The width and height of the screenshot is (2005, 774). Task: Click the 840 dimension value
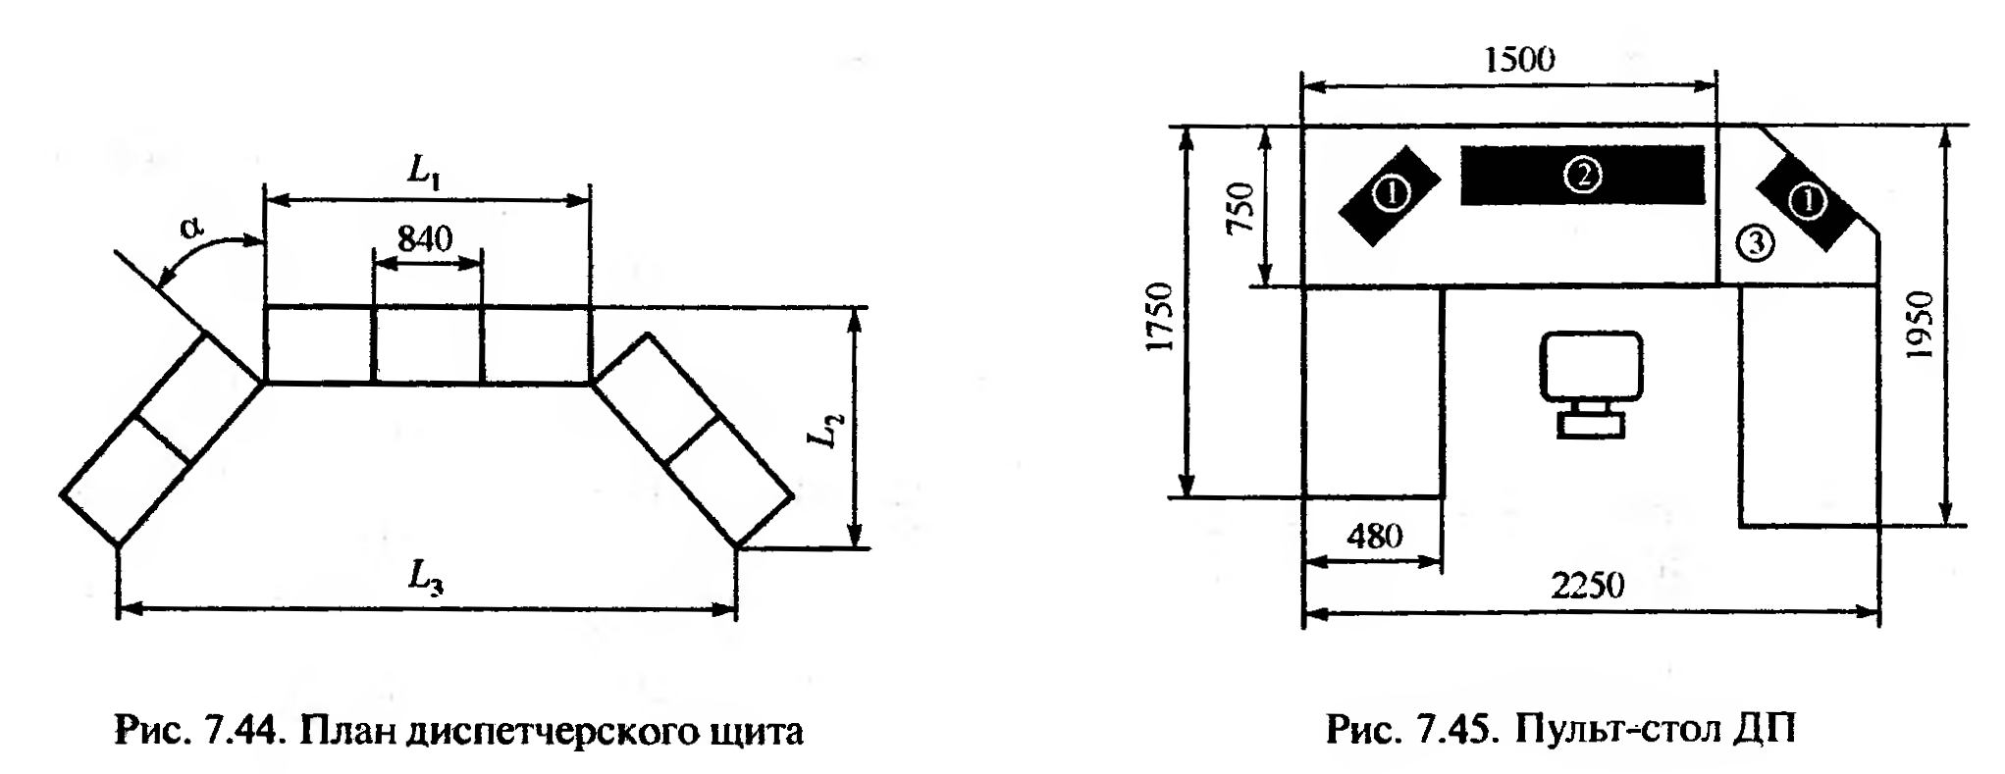425,238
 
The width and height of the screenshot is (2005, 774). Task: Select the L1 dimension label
424,173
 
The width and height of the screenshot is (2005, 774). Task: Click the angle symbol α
192,229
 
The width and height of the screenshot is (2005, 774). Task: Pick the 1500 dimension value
1518,60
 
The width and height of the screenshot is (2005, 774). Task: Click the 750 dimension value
1240,207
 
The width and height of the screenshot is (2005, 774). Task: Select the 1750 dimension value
1161,317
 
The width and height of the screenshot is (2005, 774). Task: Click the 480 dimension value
1374,536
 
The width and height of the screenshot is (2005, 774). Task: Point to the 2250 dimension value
1587,586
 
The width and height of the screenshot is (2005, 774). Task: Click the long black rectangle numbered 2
1582,176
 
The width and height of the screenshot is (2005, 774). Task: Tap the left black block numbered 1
1390,195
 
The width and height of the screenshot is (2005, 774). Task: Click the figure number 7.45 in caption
1464,731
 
